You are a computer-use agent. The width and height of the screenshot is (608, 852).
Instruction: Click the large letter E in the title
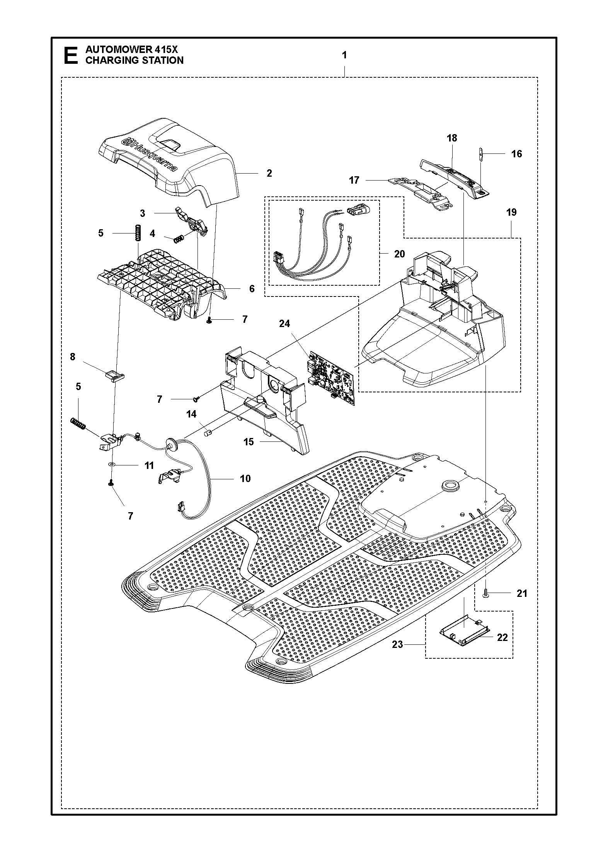tap(70, 55)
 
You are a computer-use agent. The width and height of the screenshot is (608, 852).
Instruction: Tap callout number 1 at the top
tap(344, 55)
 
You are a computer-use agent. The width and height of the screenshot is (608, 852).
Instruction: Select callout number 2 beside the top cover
tap(269, 173)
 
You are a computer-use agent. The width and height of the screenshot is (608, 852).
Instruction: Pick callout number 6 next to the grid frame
tap(252, 288)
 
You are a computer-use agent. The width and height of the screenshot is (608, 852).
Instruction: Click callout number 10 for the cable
tap(245, 479)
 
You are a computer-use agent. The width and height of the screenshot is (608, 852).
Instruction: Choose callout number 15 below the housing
tap(249, 441)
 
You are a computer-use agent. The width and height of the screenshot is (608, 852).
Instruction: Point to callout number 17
tap(354, 180)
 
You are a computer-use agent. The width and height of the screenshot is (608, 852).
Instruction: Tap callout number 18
tap(452, 138)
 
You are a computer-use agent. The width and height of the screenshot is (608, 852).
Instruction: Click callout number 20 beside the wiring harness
tap(399, 254)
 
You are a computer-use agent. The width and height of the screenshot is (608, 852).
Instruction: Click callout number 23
tap(397, 644)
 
